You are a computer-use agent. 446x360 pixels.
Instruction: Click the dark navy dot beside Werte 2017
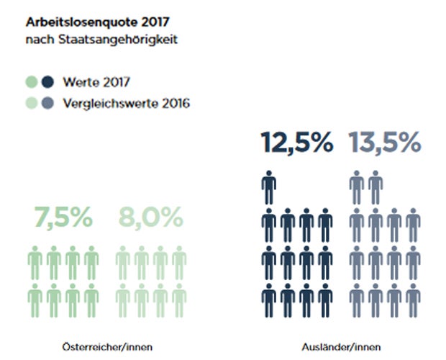pos(47,81)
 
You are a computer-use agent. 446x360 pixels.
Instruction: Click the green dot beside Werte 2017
pos(31,81)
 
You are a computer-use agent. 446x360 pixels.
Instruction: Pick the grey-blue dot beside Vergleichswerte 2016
pos(47,103)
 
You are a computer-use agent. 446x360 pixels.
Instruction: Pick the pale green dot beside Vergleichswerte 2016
pos(31,103)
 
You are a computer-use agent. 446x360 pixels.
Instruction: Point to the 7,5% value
pos(63,217)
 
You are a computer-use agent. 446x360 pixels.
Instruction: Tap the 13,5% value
pos(385,143)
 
